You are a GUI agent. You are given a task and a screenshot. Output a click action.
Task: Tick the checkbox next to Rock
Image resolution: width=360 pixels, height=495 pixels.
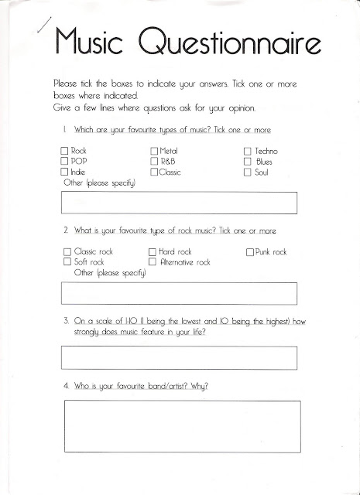[x=65, y=150]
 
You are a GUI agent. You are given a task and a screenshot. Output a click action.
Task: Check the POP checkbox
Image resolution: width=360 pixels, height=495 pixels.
[x=65, y=161]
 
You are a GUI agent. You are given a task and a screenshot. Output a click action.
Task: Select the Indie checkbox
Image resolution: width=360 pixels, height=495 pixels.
[x=65, y=172]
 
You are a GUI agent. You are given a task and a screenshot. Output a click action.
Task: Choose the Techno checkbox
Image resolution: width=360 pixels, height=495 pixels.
[x=248, y=150]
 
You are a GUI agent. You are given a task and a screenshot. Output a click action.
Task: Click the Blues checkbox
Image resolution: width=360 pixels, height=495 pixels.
[x=248, y=161]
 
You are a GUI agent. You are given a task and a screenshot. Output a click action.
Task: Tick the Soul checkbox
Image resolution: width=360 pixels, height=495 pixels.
[x=248, y=172]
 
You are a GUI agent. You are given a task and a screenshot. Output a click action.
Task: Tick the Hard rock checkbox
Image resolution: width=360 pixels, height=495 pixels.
[x=153, y=252]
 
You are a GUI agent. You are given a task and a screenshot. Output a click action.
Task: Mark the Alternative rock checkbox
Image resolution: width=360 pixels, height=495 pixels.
[x=153, y=263]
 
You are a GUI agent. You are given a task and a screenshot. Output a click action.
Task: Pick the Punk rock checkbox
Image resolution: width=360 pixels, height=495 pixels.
[x=250, y=252]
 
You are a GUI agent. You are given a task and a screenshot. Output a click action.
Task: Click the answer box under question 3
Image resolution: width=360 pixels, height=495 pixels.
[x=179, y=358]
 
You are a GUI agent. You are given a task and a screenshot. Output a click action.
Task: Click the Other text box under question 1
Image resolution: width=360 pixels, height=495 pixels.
[x=179, y=202]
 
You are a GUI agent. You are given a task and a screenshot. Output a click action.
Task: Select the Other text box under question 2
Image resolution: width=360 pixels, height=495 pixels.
[x=179, y=294]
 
